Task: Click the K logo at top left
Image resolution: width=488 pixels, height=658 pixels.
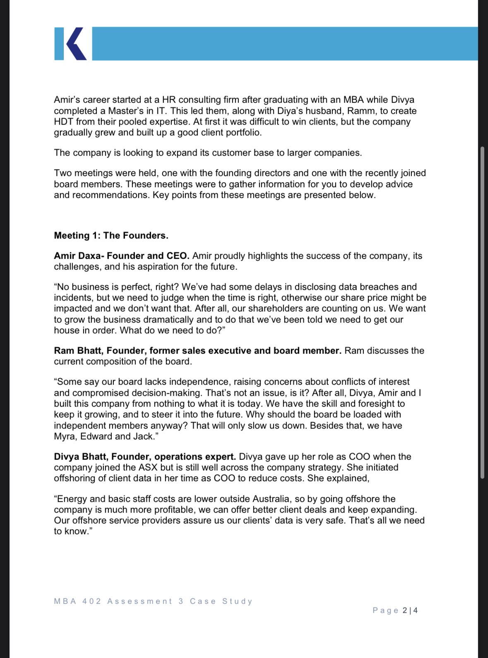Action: point(70,44)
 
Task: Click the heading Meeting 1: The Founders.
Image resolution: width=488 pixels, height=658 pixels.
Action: point(111,236)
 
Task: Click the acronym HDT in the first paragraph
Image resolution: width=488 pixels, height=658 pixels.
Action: point(63,122)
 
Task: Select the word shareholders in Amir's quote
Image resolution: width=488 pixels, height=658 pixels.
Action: point(275,309)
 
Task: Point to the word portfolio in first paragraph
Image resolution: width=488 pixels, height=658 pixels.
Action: point(243,133)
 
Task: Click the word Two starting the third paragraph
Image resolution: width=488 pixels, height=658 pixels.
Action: point(63,173)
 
